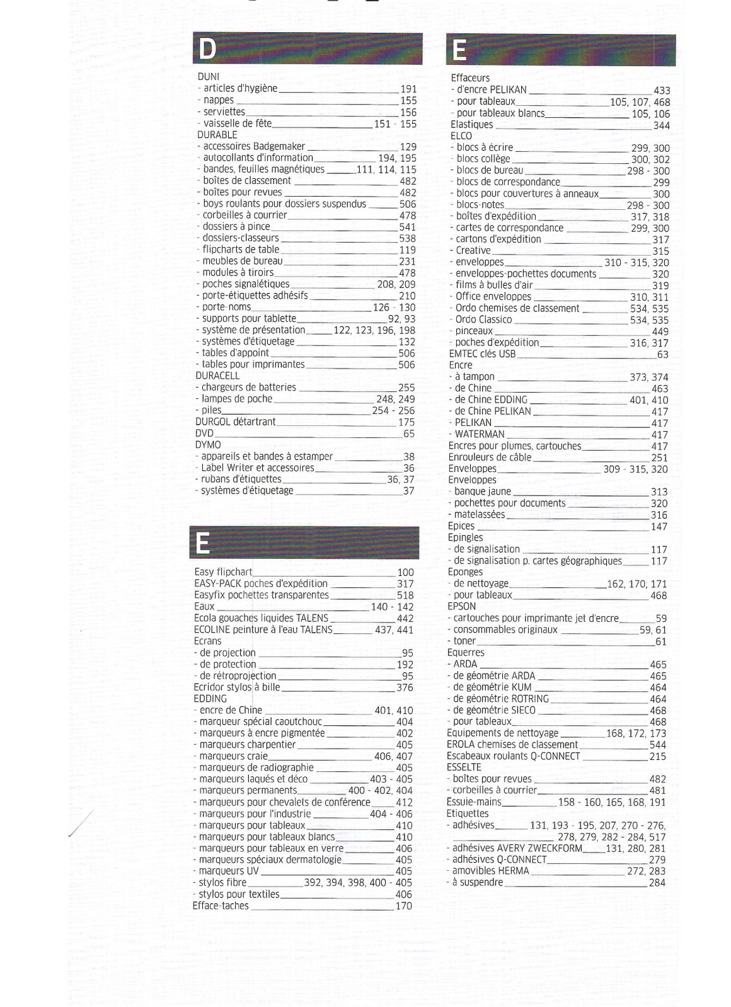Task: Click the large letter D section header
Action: coord(207,49)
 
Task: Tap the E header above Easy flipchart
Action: coord(203,543)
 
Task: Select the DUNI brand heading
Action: coord(209,77)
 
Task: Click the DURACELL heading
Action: coord(217,376)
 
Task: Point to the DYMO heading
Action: coord(208,445)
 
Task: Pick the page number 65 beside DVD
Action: coord(408,434)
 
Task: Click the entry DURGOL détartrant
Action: coord(235,422)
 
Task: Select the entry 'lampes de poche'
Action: coord(237,399)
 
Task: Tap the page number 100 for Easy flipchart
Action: coord(405,573)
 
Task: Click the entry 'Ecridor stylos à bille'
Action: coord(237,687)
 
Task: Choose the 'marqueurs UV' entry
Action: coord(229,871)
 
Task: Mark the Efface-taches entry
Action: coord(221,906)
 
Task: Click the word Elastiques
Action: coord(471,125)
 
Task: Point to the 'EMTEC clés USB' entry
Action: coord(482,354)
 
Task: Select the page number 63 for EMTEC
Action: coord(662,355)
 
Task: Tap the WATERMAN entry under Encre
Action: coord(480,434)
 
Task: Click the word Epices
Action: coord(461,526)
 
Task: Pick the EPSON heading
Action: coord(461,606)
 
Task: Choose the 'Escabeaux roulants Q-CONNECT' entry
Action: coord(513,756)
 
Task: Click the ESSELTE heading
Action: coord(464,768)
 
